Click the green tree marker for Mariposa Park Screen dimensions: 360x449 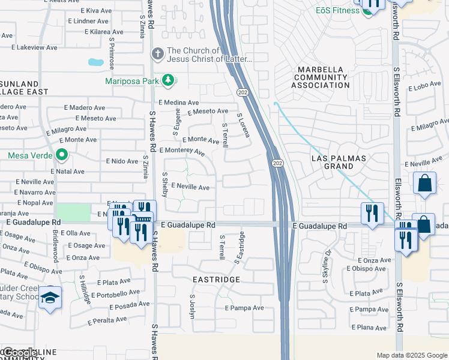169,80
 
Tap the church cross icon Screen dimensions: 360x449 157,55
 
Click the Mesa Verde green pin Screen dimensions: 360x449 61,155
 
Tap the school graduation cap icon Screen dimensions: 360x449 50,297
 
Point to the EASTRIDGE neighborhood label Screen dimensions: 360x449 216,280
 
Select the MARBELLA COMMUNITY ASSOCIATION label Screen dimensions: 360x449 321,77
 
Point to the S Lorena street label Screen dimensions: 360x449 243,125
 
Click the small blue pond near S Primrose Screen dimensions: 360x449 95,62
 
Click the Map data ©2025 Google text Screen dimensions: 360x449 411,355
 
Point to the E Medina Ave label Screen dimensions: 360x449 178,103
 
